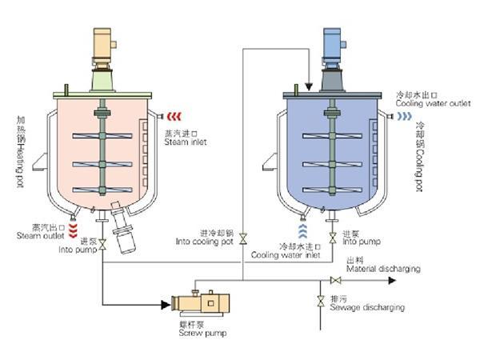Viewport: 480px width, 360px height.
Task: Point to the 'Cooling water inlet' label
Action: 286,255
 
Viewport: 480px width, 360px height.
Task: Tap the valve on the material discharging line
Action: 336,279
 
